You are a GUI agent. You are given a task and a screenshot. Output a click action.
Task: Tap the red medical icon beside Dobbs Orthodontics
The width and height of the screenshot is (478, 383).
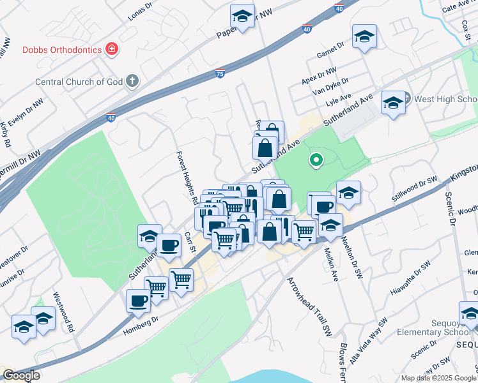[112, 49]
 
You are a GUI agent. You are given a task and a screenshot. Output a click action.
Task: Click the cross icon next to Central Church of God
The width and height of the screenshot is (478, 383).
[132, 80]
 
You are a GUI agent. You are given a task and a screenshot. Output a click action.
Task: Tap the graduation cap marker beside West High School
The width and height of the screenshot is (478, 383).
[393, 103]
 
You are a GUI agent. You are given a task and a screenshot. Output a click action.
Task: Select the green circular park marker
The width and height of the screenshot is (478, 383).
[315, 160]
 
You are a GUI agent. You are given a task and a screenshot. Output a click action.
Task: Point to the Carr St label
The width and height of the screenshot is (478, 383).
[189, 243]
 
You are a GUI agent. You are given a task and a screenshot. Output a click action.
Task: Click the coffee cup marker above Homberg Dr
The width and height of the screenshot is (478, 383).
[138, 300]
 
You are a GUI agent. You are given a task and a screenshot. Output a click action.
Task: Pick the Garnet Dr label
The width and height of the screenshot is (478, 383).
[330, 50]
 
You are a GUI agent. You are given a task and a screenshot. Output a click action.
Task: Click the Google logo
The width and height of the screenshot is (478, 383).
[21, 375]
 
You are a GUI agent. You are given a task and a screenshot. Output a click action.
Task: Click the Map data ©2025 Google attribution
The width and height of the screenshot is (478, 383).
[438, 378]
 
